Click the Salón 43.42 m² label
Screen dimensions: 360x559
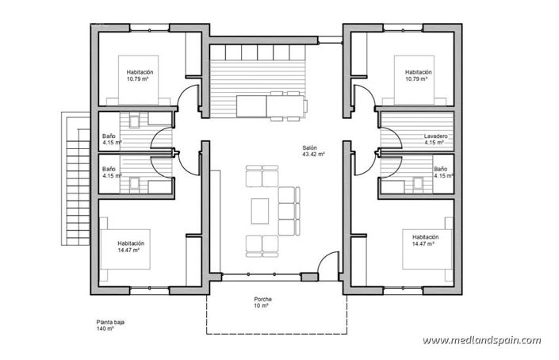coord(309,151)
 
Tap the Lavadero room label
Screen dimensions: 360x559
coord(435,140)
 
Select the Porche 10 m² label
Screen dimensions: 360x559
coord(263,302)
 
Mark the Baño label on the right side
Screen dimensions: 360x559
coord(440,172)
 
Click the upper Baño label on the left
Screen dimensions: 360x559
coord(109,139)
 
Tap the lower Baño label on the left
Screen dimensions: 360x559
coord(109,172)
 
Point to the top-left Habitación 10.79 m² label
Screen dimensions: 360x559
coord(140,75)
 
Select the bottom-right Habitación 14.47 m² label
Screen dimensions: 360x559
coord(425,239)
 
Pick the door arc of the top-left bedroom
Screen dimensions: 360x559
coord(186,99)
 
